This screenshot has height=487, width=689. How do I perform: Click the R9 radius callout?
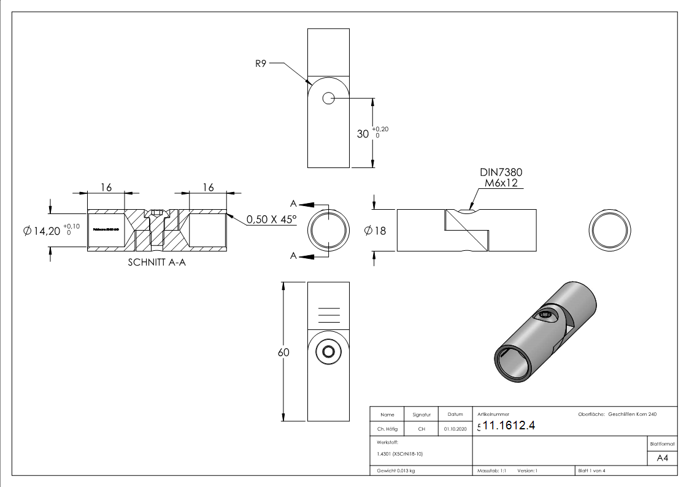pyautogui.click(x=260, y=63)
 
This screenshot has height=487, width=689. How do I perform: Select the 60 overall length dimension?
pyautogui.click(x=283, y=353)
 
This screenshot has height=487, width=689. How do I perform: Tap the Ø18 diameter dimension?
pyautogui.click(x=375, y=231)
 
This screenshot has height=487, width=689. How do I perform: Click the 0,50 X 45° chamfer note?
pyautogui.click(x=271, y=219)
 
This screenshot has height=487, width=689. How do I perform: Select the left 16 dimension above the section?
pyautogui.click(x=106, y=187)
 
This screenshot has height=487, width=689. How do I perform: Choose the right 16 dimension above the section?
pyautogui.click(x=208, y=187)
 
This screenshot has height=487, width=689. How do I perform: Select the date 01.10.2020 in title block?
pyautogui.click(x=455, y=429)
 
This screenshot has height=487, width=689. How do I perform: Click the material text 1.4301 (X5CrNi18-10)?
pyautogui.click(x=399, y=454)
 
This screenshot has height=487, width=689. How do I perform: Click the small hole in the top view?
pyautogui.click(x=328, y=98)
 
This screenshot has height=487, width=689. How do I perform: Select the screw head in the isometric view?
pyautogui.click(x=549, y=316)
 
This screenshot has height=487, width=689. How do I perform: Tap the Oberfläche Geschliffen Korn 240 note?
pyautogui.click(x=617, y=415)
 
